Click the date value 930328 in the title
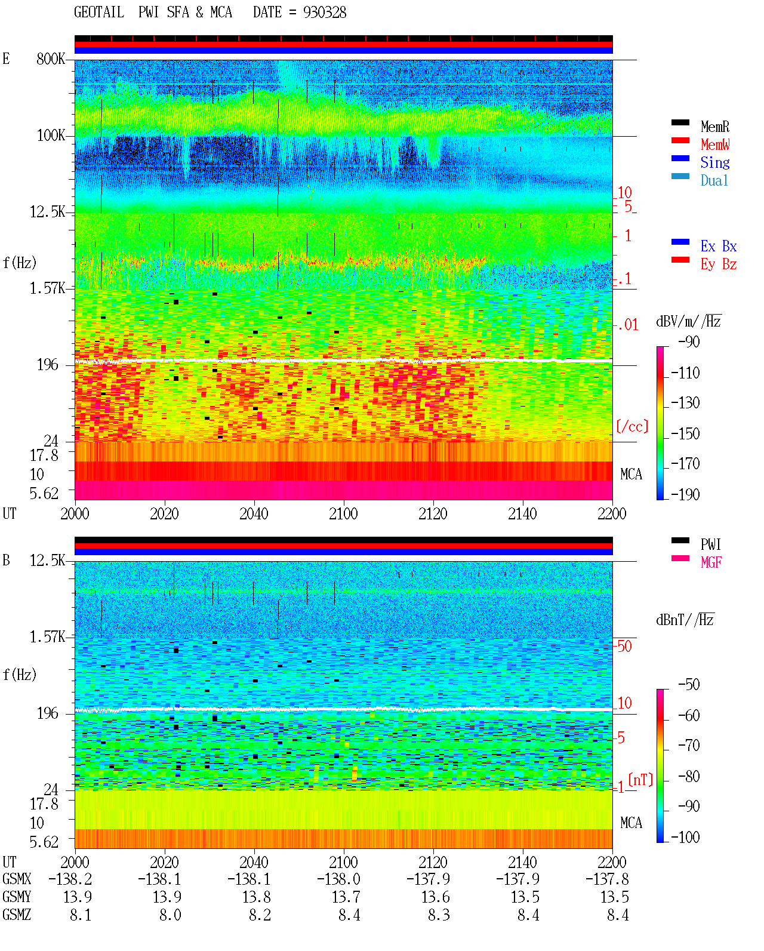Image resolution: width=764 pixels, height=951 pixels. (324, 13)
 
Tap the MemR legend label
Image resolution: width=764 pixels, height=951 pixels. (714, 127)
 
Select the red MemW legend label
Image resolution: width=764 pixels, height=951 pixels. (714, 144)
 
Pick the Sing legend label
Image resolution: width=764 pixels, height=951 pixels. (714, 162)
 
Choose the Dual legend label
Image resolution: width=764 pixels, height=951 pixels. (714, 180)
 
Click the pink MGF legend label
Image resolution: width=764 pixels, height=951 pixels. (711, 562)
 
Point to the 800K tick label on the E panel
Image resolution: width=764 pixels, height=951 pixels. (51, 59)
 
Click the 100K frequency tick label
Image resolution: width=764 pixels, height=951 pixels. (51, 136)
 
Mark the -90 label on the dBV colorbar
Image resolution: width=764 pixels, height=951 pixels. (689, 341)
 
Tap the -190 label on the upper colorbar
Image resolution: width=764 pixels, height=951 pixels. (685, 494)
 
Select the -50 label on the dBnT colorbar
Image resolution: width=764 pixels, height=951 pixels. (689, 685)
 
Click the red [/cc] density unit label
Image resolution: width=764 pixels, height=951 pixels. (632, 426)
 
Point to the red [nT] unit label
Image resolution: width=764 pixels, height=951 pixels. (640, 780)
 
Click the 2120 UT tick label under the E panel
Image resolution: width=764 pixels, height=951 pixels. (433, 513)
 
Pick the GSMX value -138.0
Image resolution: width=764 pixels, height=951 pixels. (338, 879)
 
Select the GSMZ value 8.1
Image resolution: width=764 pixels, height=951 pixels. (81, 915)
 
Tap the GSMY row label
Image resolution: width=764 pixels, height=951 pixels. (17, 897)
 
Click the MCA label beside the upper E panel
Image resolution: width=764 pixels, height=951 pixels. (631, 474)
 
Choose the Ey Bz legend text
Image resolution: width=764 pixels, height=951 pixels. (718, 264)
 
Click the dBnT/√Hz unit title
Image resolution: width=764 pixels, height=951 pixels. (685, 620)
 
